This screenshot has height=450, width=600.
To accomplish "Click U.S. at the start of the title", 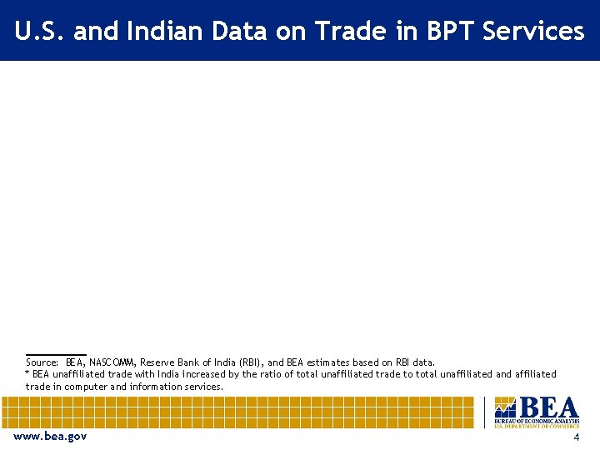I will (40, 32).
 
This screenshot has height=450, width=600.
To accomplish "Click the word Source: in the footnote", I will (42, 362).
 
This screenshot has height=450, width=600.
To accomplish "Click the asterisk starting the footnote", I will (27, 373).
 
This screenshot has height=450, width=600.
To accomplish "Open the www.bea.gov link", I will (50, 437).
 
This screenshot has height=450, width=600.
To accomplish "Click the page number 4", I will (576, 437).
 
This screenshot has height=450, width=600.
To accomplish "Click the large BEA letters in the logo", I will (547, 408).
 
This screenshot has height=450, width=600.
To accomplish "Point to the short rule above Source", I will (56, 355).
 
